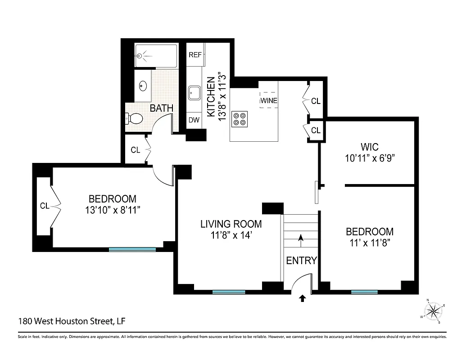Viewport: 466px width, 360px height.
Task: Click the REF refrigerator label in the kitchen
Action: click(x=195, y=55)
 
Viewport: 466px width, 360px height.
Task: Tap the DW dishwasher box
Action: click(x=194, y=120)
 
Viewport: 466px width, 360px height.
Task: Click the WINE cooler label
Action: click(x=269, y=100)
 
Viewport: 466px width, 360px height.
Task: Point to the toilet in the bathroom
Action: click(x=134, y=119)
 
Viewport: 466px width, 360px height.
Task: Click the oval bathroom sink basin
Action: click(x=143, y=85)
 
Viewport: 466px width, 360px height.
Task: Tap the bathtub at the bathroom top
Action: click(x=156, y=56)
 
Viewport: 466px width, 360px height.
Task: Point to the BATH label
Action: click(x=161, y=108)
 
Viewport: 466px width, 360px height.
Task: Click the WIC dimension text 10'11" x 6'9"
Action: click(x=369, y=158)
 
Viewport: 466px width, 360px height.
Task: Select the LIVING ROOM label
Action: click(x=231, y=224)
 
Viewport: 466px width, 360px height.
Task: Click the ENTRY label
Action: click(x=301, y=261)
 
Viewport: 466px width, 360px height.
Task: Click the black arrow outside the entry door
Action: click(x=302, y=298)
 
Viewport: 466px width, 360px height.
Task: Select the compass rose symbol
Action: click(x=433, y=310)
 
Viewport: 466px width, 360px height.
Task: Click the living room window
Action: click(x=229, y=292)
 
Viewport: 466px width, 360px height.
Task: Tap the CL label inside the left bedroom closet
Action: click(x=44, y=206)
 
